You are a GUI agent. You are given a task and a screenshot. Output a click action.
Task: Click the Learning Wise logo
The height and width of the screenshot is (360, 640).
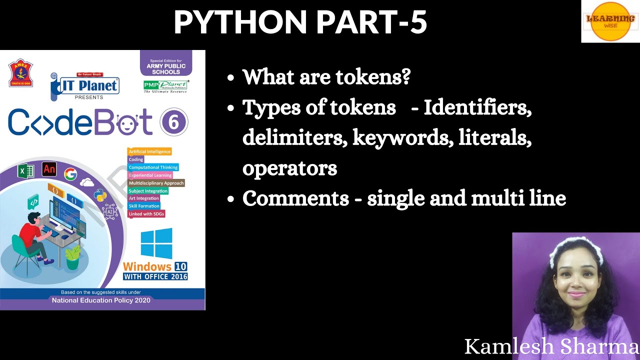610,21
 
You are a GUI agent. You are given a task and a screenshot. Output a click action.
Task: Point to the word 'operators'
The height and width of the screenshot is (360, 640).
289,168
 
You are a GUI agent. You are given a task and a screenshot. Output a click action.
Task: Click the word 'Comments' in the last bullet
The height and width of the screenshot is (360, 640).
295,198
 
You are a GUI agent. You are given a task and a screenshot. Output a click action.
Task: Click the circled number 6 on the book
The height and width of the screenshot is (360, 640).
174,122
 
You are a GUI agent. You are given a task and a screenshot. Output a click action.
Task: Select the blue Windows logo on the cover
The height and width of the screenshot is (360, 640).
156,243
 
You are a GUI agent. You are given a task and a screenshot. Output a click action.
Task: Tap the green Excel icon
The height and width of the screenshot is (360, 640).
25,171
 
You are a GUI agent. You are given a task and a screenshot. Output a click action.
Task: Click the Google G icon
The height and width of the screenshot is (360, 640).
70,174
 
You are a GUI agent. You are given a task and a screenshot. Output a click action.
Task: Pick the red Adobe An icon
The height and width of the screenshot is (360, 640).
49,169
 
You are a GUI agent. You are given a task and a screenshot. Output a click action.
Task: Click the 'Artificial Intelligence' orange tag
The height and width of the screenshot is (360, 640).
149,151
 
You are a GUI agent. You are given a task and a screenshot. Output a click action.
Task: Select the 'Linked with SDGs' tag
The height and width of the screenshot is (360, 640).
146,214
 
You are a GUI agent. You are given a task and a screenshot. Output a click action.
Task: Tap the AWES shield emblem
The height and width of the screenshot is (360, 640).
20,73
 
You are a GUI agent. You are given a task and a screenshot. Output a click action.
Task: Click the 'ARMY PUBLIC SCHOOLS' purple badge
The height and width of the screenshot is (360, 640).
166,66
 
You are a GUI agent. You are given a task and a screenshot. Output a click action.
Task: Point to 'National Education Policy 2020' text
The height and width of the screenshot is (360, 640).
101,300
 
